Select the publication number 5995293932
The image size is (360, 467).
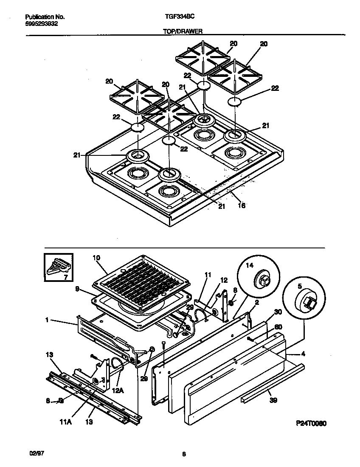[42, 24]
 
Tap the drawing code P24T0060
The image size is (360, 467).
[311, 423]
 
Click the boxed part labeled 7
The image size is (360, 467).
[58, 267]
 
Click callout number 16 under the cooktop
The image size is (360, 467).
[241, 206]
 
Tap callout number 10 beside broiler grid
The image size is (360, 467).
[96, 257]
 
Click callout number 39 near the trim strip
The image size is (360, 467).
[273, 399]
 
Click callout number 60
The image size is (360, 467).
[278, 327]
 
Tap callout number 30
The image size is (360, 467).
[278, 311]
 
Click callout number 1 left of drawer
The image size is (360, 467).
[48, 321]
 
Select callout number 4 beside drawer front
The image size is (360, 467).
[303, 354]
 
